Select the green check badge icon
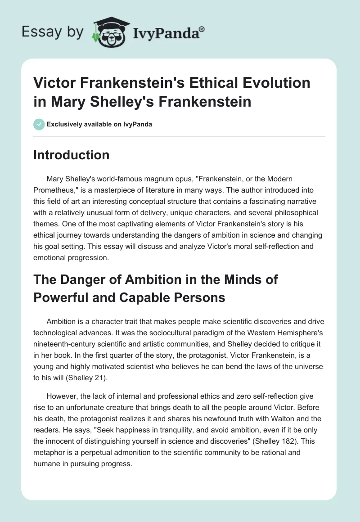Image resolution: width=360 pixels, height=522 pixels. point(39,124)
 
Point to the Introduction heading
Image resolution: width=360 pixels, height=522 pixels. point(72,155)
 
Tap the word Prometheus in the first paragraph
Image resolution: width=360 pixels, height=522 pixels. point(54,189)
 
